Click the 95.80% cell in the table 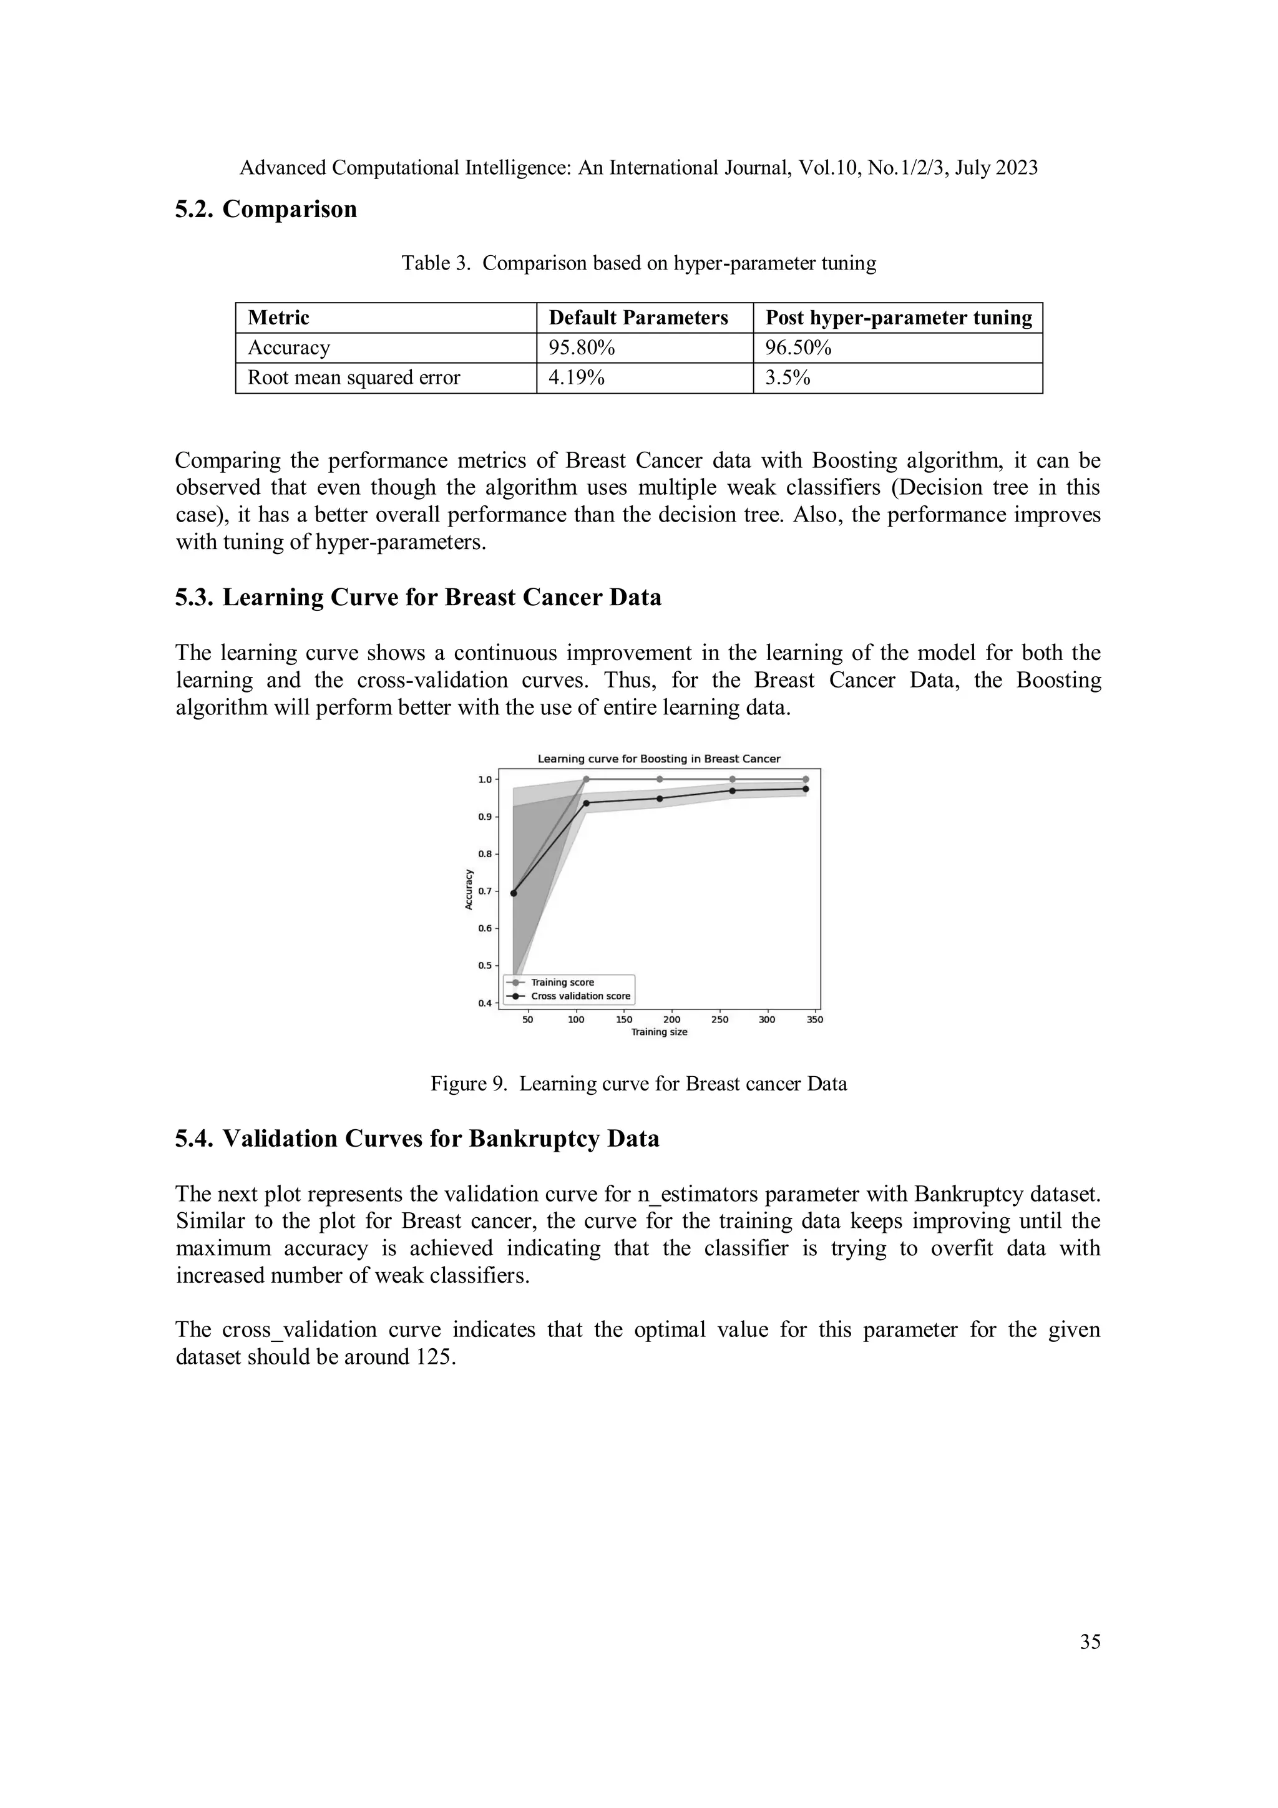pyautogui.click(x=581, y=348)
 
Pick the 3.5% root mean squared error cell pyautogui.click(x=788, y=378)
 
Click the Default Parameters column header pyautogui.click(x=638, y=318)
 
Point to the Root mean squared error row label pyautogui.click(x=354, y=378)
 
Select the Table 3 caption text pyautogui.click(x=638, y=263)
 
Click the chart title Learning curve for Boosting pyautogui.click(x=658, y=759)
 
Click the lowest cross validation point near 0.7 pyautogui.click(x=514, y=893)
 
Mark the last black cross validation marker pyautogui.click(x=805, y=788)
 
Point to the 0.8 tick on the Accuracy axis pyautogui.click(x=485, y=854)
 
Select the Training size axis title pyautogui.click(x=659, y=1033)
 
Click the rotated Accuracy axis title pyautogui.click(x=469, y=890)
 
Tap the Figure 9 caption pyautogui.click(x=638, y=1084)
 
